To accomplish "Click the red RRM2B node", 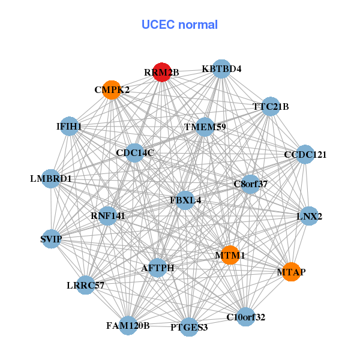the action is tap(162, 72).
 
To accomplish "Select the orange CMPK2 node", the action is tap(112, 89).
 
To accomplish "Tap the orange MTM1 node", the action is tap(230, 255).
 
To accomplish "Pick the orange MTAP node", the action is tap(291, 272).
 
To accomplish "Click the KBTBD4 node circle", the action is tap(221, 68).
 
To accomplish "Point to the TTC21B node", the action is tap(271, 106).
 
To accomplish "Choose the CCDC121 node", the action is tap(305, 154).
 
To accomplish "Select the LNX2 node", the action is tap(309, 216).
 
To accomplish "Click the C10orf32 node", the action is tap(245, 316).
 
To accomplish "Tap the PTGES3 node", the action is tap(189, 326).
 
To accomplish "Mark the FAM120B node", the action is tap(128, 325).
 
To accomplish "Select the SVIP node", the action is tap(51, 239).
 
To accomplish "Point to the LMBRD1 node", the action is tap(51, 178).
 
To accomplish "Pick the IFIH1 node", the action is tap(70, 126).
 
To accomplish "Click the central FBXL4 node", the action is tap(185, 199).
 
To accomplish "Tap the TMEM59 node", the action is tap(205, 127).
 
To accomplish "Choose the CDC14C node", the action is tap(135, 152).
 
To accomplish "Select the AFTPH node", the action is tap(157, 268).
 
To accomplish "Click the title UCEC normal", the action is tap(179, 25).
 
